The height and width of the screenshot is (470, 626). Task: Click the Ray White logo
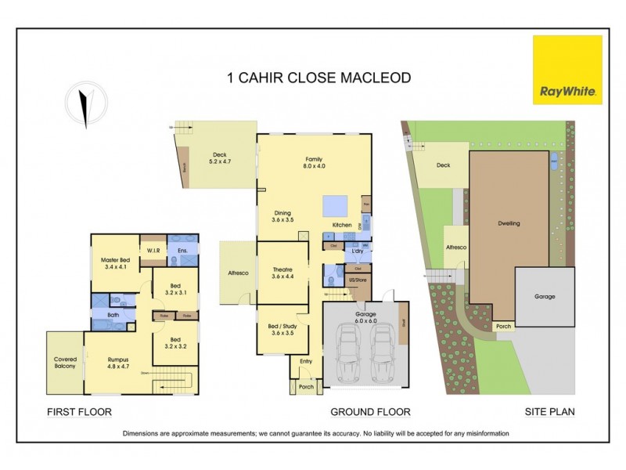(567, 70)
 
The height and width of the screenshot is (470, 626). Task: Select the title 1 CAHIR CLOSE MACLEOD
(318, 78)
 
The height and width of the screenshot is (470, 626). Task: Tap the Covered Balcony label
(64, 363)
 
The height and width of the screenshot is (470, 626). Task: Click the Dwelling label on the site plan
(509, 223)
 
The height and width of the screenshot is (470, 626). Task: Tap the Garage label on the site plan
(544, 297)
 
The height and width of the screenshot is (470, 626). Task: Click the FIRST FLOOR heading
(79, 412)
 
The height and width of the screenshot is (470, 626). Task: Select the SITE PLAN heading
(549, 412)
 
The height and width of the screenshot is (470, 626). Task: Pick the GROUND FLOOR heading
(369, 412)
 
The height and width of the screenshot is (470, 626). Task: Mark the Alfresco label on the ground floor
(238, 273)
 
